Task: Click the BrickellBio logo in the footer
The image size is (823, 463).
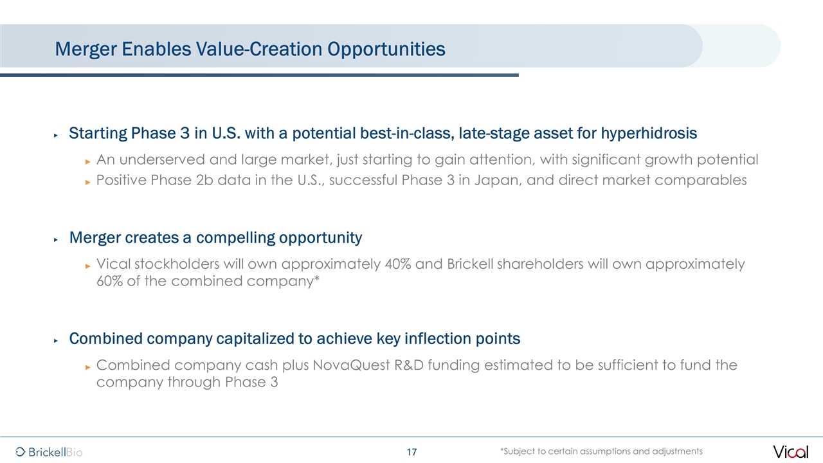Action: coord(49,451)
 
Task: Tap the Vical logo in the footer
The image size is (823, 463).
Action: coord(790,451)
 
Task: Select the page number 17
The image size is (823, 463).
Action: coord(412,452)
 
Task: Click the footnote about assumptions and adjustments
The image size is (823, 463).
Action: coord(601,451)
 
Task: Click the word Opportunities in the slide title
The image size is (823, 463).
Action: coord(386,50)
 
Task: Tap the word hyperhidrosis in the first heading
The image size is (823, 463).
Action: coord(649,133)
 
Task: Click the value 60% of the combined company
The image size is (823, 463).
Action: coord(109,281)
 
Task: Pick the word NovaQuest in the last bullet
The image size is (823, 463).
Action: coord(351,365)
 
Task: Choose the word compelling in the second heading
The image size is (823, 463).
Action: coord(235,238)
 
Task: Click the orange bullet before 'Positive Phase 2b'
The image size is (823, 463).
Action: coord(87,182)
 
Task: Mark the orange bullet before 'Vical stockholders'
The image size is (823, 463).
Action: coord(87,266)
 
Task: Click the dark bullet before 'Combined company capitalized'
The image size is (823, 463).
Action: coord(56,341)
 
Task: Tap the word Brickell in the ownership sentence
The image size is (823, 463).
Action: coord(470,264)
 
